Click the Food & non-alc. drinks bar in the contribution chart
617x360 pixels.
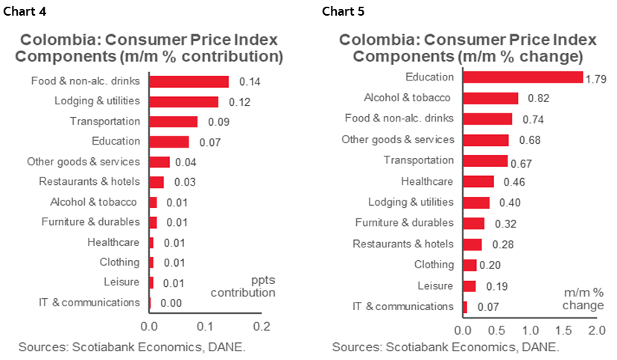pos(189,81)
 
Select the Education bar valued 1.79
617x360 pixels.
pos(522,77)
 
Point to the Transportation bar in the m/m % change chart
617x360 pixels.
pos(485,160)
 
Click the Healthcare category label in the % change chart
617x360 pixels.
pos(427,181)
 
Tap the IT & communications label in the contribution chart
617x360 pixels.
pos(89,303)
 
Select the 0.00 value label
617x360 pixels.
pos(172,303)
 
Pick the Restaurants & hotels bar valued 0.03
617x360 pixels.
pos(156,182)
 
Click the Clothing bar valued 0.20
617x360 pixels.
pos(469,265)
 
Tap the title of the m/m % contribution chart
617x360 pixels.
pos(150,48)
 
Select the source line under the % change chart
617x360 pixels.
pos(446,347)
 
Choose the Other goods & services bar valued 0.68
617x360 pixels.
pos(485,140)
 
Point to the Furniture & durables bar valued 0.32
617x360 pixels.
pos(473,223)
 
